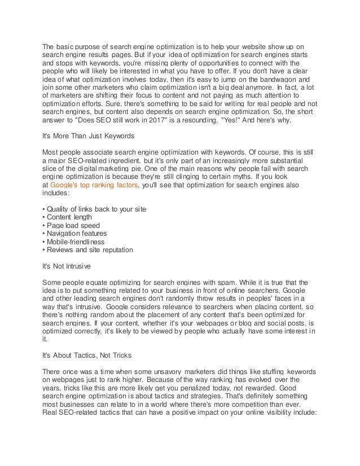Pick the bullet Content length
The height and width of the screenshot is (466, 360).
click(x=68, y=218)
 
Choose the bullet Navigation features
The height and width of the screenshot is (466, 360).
click(x=76, y=234)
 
